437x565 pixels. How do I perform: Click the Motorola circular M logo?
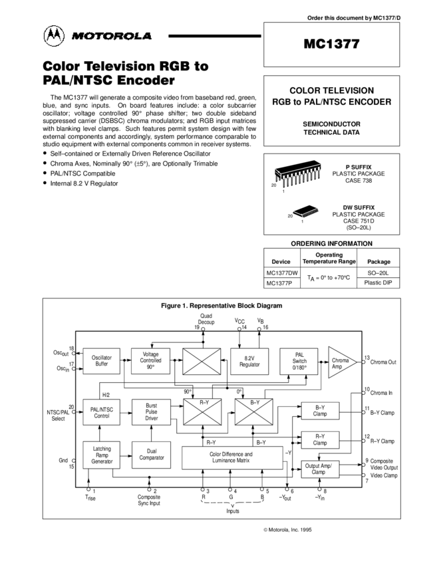click(x=54, y=36)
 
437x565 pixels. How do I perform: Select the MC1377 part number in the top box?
click(x=331, y=44)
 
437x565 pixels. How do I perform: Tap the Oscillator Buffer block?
click(x=101, y=361)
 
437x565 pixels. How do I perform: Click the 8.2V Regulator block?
click(x=249, y=361)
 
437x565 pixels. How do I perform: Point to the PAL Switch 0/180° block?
click(x=299, y=361)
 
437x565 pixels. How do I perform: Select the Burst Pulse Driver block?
click(x=151, y=412)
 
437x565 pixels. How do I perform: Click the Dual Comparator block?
click(x=151, y=455)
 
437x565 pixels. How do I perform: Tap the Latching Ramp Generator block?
click(x=101, y=455)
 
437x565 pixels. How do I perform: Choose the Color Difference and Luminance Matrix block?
click(x=232, y=457)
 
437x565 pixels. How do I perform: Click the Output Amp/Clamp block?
click(x=320, y=469)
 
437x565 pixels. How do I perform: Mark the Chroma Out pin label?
click(x=383, y=362)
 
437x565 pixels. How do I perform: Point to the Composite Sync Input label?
click(x=149, y=500)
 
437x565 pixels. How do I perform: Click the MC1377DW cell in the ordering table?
click(x=282, y=273)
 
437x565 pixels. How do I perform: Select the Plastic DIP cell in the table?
click(x=378, y=282)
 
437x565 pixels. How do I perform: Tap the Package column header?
click(x=378, y=262)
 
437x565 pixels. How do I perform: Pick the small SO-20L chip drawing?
click(x=305, y=211)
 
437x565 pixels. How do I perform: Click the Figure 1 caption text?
click(x=221, y=306)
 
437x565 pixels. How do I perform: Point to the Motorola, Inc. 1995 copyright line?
click(x=287, y=530)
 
